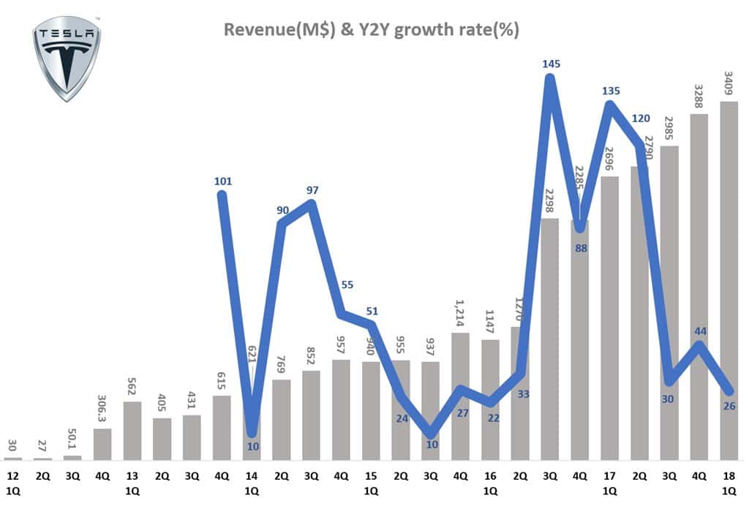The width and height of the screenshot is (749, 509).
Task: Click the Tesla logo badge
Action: pos(67,58)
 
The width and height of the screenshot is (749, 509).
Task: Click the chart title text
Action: pos(372,30)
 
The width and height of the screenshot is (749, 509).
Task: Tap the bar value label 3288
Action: pos(699,88)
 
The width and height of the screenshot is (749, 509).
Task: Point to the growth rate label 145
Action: pos(552,64)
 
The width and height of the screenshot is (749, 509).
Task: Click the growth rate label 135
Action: pos(611,91)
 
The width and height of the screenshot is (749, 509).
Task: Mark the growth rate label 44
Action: pos(699,331)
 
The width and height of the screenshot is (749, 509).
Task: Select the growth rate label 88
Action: pos(581,247)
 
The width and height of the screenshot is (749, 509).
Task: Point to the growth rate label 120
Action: pos(641,118)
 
